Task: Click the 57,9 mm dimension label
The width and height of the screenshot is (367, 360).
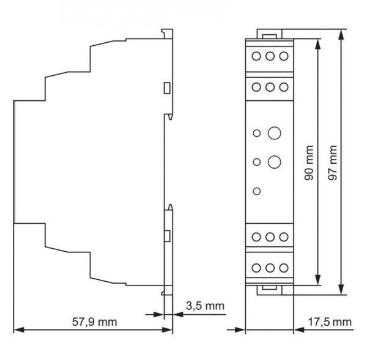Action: coord(95,322)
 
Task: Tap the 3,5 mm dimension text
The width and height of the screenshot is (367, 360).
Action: coord(205,306)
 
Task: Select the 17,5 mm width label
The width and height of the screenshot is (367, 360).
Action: coord(330,322)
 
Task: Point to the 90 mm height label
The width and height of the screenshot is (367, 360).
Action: coord(309,163)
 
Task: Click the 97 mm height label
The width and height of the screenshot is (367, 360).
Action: coord(333,163)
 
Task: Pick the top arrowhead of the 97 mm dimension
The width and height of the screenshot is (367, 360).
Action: coord(341,34)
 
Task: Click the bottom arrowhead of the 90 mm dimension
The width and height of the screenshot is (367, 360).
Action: coord(317,280)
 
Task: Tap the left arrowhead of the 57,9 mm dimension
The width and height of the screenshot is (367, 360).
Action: coord(19,330)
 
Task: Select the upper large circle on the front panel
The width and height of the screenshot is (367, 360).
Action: coord(274,133)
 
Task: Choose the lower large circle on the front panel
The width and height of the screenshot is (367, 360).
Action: coord(274,162)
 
